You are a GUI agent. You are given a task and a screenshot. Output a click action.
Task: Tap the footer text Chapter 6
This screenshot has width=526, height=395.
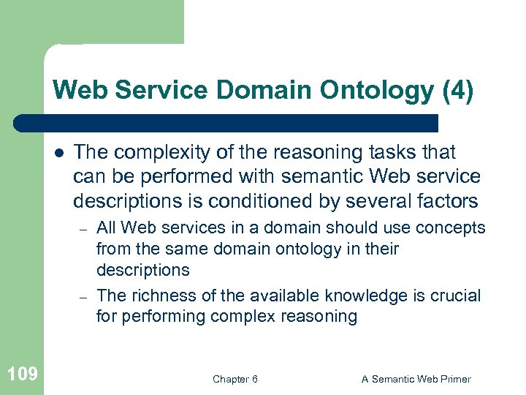click(235, 379)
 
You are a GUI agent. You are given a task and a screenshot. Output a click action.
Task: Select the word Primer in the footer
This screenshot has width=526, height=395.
click(454, 379)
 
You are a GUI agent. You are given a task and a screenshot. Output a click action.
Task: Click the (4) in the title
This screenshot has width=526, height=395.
click(458, 91)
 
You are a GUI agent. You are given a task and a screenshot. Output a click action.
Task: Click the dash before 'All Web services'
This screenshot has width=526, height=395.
click(84, 228)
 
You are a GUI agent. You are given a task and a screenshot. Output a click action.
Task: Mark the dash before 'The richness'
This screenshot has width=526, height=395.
click(84, 297)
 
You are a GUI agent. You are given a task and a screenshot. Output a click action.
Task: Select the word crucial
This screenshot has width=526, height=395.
click(454, 296)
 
